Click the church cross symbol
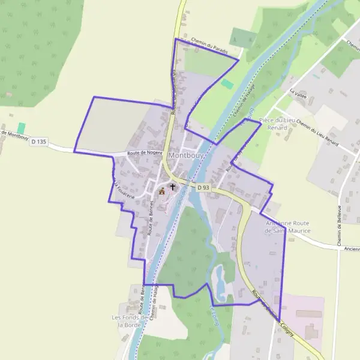click(x=173, y=187)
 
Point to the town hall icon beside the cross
click(x=161, y=191)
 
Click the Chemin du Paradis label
click(x=209, y=47)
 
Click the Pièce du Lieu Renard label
click(x=278, y=124)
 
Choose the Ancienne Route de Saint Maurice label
click(x=288, y=227)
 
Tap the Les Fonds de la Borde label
click(x=129, y=320)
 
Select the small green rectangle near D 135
click(x=22, y=128)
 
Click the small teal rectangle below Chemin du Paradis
click(x=227, y=84)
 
